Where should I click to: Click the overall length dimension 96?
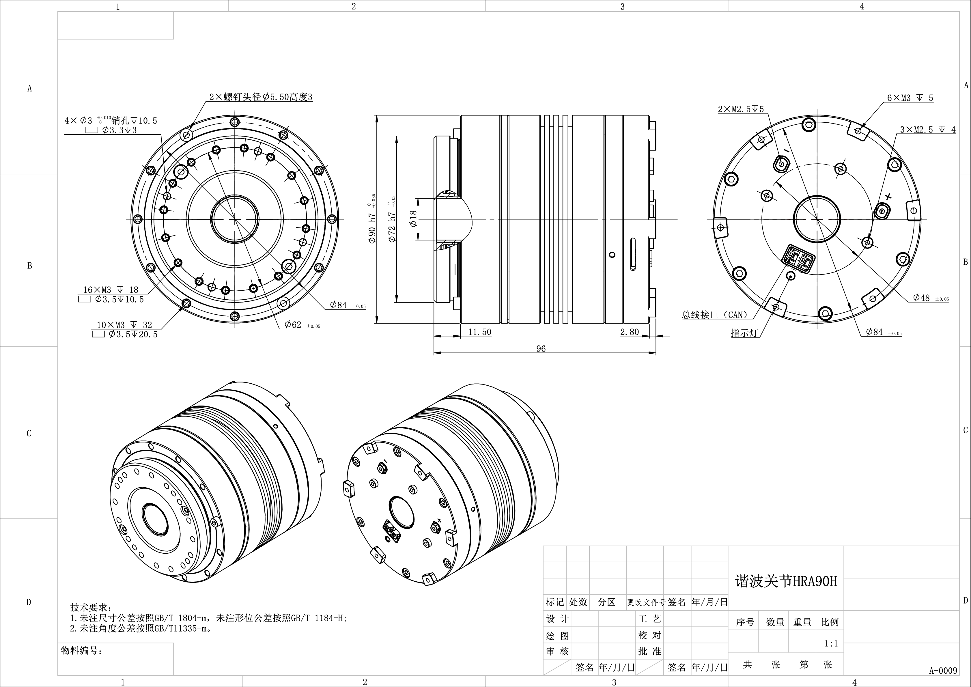(x=541, y=349)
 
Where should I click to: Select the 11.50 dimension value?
(x=479, y=332)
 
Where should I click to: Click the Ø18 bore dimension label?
(x=413, y=219)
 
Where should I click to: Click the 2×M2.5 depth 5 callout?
(x=741, y=109)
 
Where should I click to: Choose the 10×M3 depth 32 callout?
(x=124, y=325)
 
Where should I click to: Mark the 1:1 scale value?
(x=831, y=643)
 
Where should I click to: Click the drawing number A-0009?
(x=943, y=671)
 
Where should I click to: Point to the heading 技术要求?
(x=86, y=607)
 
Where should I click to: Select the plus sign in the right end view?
(x=888, y=197)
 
